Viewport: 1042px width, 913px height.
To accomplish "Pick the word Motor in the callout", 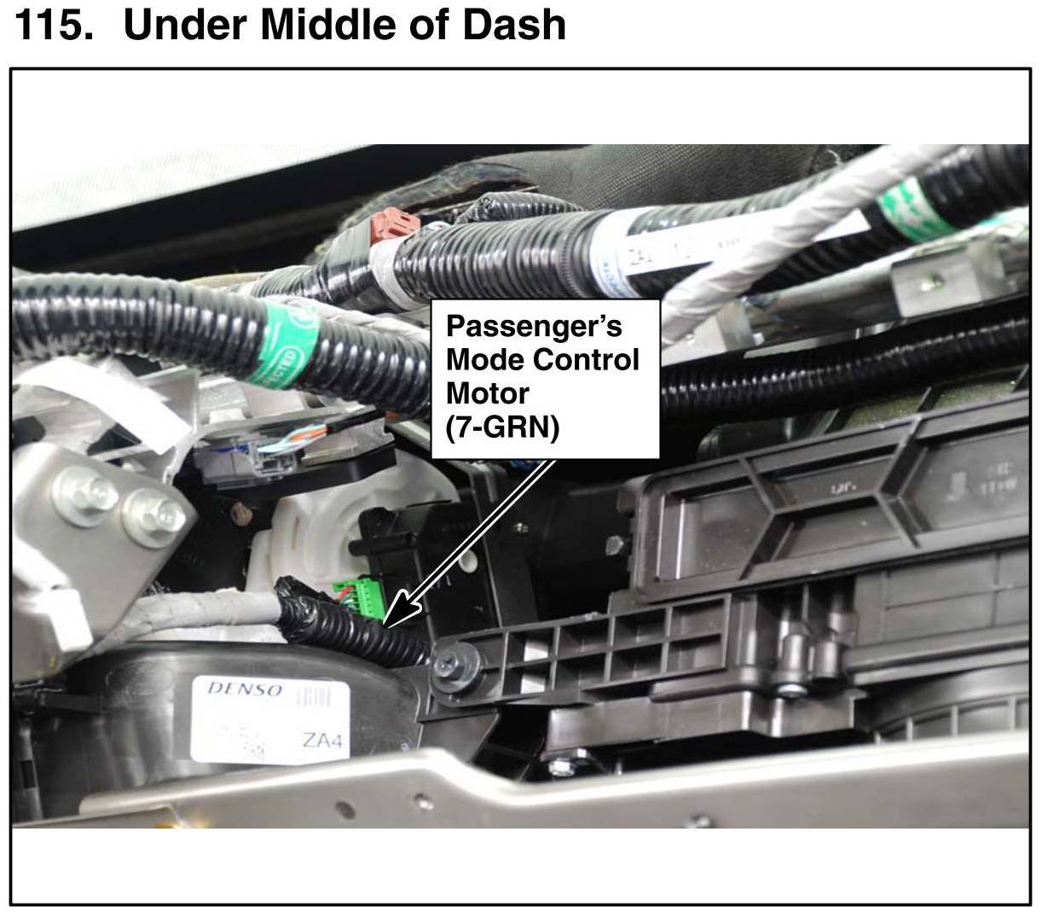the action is tap(487, 393).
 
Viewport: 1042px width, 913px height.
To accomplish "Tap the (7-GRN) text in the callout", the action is tap(502, 427).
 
